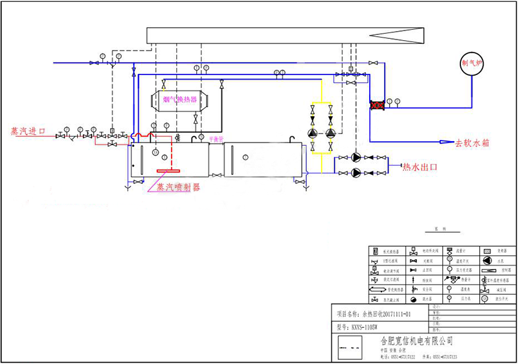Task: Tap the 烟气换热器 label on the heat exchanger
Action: click(x=180, y=99)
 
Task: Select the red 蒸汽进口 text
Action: click(x=28, y=131)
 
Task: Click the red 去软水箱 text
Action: click(x=473, y=142)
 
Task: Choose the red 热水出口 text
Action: click(x=420, y=166)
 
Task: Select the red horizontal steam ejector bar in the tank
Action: click(x=168, y=171)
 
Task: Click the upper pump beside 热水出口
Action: click(x=357, y=157)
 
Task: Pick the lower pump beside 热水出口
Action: click(x=357, y=172)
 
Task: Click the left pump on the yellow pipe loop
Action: click(x=313, y=134)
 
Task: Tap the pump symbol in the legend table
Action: click(x=486, y=260)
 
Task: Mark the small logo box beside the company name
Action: click(x=349, y=348)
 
